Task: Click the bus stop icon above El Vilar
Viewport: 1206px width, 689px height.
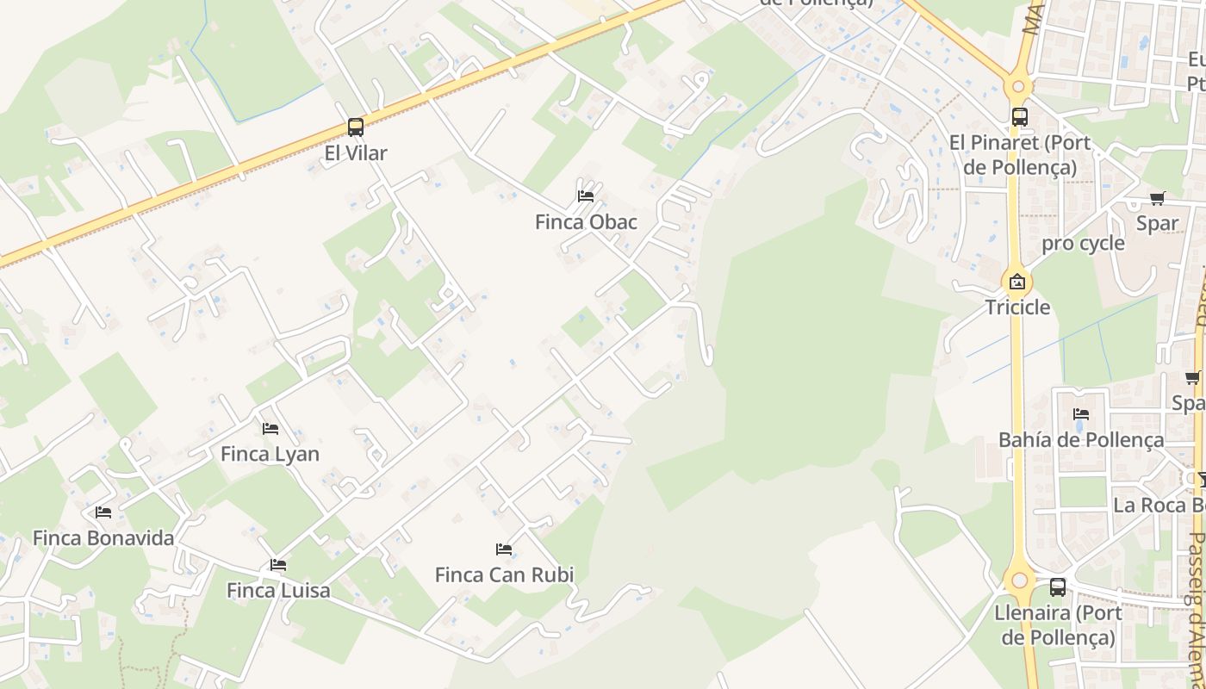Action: click(x=356, y=127)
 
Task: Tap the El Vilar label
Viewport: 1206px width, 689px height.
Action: click(x=356, y=153)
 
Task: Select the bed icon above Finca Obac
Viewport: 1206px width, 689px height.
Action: click(x=586, y=196)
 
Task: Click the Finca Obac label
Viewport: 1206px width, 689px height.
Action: click(x=586, y=222)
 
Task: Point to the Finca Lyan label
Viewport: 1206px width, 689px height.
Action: click(x=270, y=454)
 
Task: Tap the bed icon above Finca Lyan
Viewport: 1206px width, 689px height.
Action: click(x=270, y=428)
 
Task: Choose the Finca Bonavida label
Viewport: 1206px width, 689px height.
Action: click(x=103, y=538)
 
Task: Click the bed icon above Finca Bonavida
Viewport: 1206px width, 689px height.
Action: click(x=103, y=512)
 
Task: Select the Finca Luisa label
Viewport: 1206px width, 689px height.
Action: click(x=278, y=591)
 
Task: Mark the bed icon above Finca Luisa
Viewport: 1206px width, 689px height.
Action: click(x=278, y=565)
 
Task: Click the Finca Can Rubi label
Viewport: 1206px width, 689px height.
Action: click(x=504, y=574)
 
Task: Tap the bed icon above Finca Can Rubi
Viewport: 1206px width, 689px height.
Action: click(x=504, y=549)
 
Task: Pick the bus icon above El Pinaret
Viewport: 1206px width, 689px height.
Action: click(x=1020, y=116)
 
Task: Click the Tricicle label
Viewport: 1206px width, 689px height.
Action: click(x=1017, y=307)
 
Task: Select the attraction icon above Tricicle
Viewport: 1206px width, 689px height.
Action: click(x=1017, y=282)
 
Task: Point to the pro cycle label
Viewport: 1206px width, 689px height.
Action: click(x=1083, y=243)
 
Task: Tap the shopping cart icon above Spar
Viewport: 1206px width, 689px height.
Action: click(x=1158, y=198)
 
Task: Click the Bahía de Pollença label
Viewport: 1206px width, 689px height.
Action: click(x=1081, y=440)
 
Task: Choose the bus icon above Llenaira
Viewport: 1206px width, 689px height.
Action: click(x=1058, y=587)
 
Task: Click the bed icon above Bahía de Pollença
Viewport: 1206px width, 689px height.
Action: click(x=1081, y=414)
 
